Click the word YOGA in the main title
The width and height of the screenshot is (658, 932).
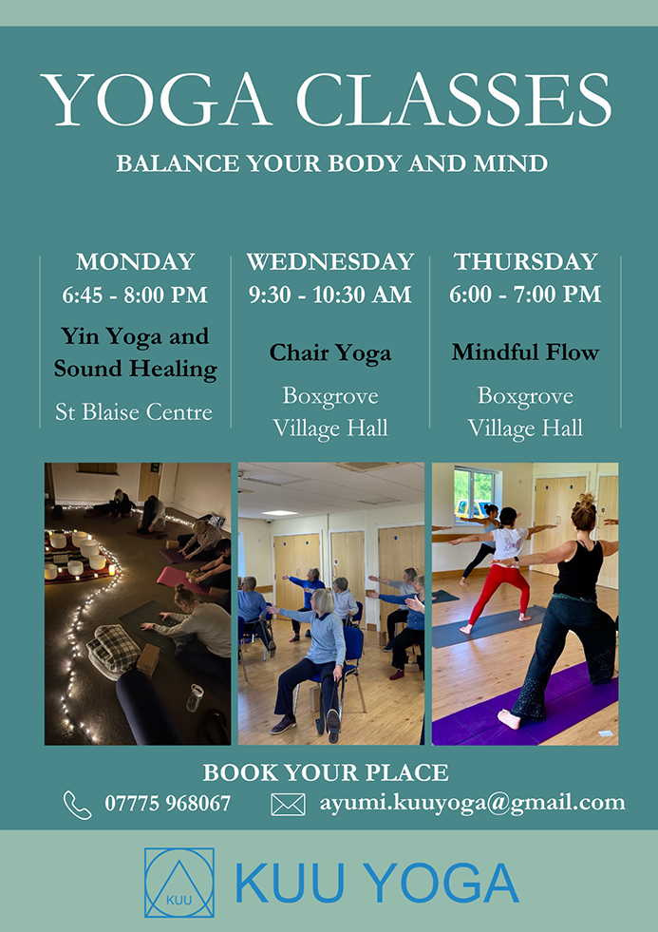pyautogui.click(x=157, y=101)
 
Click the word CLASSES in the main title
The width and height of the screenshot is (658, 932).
pyautogui.click(x=454, y=100)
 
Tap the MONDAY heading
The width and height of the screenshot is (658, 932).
pyautogui.click(x=136, y=262)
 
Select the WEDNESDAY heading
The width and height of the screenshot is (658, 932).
pyautogui.click(x=330, y=262)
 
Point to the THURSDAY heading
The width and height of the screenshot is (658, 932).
pyautogui.click(x=526, y=262)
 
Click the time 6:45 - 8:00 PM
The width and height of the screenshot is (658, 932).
pyautogui.click(x=136, y=295)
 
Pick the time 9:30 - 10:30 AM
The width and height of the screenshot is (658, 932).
pyautogui.click(x=330, y=295)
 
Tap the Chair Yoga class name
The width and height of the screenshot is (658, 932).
pyautogui.click(x=330, y=353)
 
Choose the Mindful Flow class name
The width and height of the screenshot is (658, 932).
pyautogui.click(x=526, y=352)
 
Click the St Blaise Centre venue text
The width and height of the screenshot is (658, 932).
pyautogui.click(x=134, y=412)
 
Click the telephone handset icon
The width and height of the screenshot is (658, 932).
pyautogui.click(x=78, y=805)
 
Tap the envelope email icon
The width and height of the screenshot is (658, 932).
pyautogui.click(x=288, y=805)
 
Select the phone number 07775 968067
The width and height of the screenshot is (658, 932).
pyautogui.click(x=167, y=804)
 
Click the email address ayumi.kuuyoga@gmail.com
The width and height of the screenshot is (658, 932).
pyautogui.click(x=472, y=803)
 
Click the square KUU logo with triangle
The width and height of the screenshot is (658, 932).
pyautogui.click(x=179, y=882)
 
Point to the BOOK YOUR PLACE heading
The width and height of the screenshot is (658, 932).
pyautogui.click(x=326, y=772)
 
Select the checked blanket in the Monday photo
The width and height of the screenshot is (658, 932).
pyautogui.click(x=113, y=650)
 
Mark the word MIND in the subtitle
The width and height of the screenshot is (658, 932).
pyautogui.click(x=510, y=162)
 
